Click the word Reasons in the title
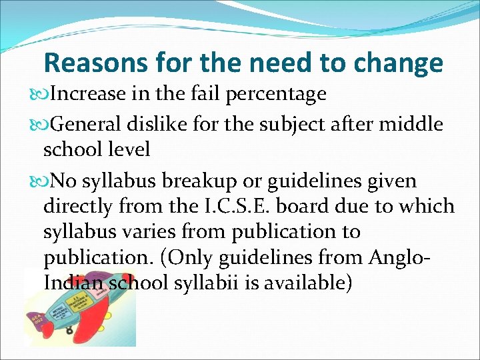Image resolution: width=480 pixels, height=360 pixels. [x=94, y=63]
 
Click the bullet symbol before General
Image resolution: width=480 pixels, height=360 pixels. [x=35, y=124]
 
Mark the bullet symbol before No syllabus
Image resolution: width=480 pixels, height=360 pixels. [x=35, y=181]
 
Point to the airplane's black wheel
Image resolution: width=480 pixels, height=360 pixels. [x=69, y=331]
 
